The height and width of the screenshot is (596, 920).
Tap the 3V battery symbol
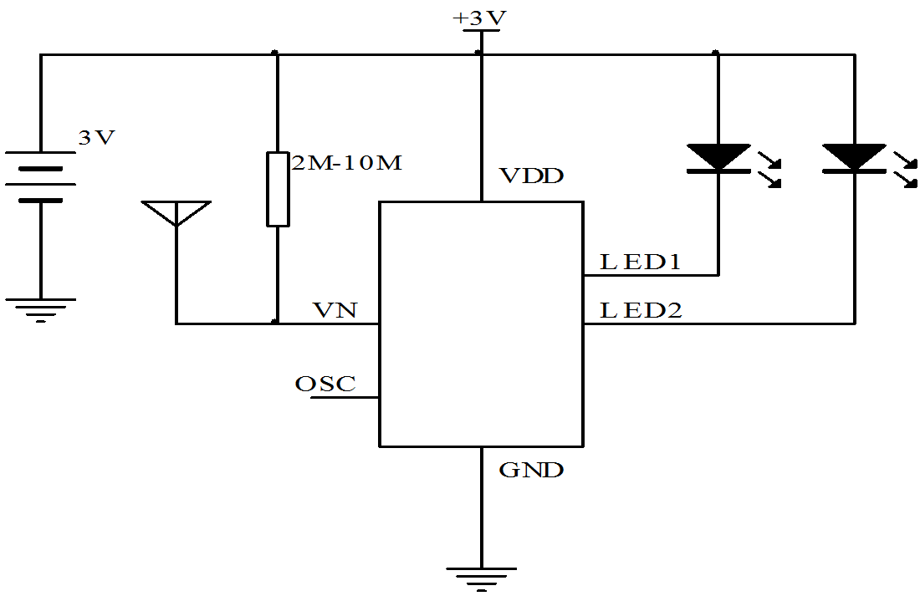pos(40,177)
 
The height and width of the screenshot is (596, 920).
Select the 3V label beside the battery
pos(96,138)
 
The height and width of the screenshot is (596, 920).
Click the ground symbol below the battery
pos(40,308)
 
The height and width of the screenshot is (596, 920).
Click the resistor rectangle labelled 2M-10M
pos(278,189)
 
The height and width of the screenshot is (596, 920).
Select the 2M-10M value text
pos(346,163)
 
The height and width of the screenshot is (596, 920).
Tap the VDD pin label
pos(531,176)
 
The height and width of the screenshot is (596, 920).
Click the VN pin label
pos(335,311)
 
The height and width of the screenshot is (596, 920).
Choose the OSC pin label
pos(325,385)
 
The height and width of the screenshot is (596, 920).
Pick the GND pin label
pos(531,470)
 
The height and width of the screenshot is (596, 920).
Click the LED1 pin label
pos(641,262)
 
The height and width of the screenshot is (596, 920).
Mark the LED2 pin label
pos(641,311)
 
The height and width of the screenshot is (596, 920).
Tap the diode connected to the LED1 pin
pos(718,159)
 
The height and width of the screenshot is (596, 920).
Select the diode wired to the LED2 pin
pos(854,159)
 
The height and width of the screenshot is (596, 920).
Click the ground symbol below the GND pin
pos(481,576)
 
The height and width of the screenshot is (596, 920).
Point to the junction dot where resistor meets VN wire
pos(277,323)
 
